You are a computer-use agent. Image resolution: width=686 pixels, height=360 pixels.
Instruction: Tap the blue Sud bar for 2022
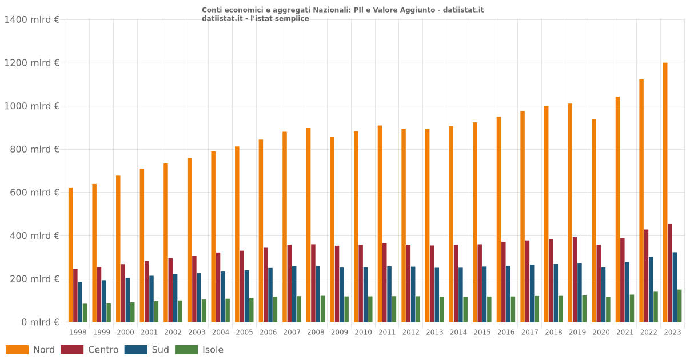click(x=651, y=289)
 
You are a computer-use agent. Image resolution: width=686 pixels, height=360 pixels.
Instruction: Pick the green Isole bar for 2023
click(x=680, y=306)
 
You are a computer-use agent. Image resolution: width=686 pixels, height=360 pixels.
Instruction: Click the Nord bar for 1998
click(x=71, y=255)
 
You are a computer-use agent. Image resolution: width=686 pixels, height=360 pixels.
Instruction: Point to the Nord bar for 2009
click(x=332, y=229)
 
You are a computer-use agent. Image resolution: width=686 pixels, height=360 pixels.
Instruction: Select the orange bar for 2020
click(x=594, y=221)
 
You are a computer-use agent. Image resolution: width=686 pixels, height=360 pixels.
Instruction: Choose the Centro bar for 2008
click(x=313, y=283)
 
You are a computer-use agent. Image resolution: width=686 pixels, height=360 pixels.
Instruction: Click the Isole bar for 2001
click(x=156, y=311)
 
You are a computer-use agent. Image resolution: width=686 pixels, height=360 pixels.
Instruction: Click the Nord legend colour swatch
click(x=17, y=350)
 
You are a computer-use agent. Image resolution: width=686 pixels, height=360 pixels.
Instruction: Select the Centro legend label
click(x=103, y=350)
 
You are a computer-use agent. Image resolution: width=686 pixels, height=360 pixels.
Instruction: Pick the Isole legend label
click(x=213, y=350)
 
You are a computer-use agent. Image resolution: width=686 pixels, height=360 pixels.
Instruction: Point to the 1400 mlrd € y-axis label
click(x=32, y=19)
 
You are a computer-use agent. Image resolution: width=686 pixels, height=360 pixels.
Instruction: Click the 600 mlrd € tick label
click(x=32, y=193)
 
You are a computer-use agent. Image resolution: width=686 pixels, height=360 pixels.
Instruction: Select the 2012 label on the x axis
click(x=410, y=332)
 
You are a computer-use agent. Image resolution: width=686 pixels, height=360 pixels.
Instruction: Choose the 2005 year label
click(x=244, y=332)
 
